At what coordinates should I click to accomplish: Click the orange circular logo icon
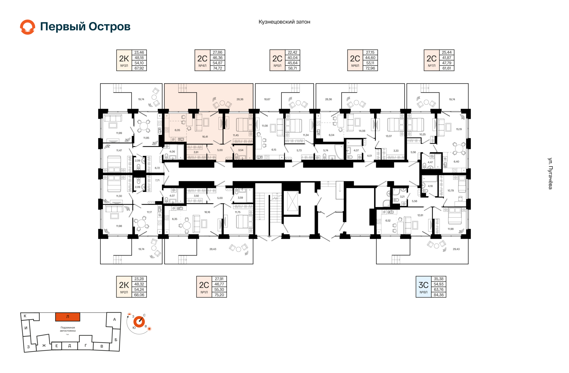(x=28, y=27)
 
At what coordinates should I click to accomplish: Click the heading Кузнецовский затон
(x=284, y=22)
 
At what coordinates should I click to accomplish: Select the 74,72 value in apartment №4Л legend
(x=218, y=68)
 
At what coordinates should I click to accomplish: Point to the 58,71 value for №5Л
(x=293, y=68)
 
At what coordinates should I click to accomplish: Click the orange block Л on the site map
(x=68, y=317)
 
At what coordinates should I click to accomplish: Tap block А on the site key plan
(x=114, y=319)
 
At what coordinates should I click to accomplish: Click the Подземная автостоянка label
(x=68, y=329)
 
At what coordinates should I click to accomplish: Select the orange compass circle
(x=139, y=322)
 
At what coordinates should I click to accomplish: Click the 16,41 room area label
(x=205, y=137)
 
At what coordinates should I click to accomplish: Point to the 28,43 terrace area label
(x=213, y=249)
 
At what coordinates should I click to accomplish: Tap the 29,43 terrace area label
(x=456, y=249)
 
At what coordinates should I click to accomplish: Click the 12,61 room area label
(x=420, y=215)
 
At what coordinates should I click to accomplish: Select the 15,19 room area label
(x=459, y=129)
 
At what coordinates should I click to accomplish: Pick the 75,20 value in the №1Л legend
(x=219, y=295)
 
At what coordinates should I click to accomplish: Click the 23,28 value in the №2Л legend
(x=139, y=279)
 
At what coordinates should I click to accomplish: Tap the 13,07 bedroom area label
(x=389, y=136)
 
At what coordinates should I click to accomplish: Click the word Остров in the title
(x=110, y=27)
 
